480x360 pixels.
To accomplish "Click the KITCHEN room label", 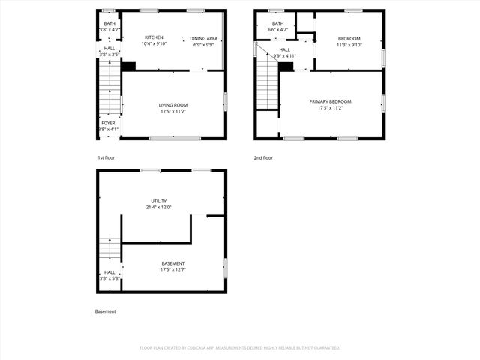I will (154, 37).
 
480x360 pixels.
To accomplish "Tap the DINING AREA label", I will (203, 38).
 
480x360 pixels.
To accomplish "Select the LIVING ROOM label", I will (172, 105).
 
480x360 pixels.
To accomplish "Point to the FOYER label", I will (109, 123).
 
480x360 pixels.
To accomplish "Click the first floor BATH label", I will (109, 23).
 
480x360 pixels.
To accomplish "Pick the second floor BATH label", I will (278, 23).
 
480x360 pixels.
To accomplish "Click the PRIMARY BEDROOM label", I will (330, 101).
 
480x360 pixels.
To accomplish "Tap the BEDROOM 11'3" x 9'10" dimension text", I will (349, 45).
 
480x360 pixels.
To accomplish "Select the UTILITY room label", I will (158, 201).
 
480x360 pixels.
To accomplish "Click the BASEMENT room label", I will (172, 263).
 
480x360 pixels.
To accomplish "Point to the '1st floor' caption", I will (106, 158).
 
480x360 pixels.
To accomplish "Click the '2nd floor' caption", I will (263, 158).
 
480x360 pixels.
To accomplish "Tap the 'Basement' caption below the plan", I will (106, 311).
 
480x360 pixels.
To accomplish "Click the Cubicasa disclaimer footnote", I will (240, 348).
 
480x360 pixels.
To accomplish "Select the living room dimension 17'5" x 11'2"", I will (172, 111).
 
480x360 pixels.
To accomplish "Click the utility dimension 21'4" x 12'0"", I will (158, 207).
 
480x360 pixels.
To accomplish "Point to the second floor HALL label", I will (285, 49).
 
